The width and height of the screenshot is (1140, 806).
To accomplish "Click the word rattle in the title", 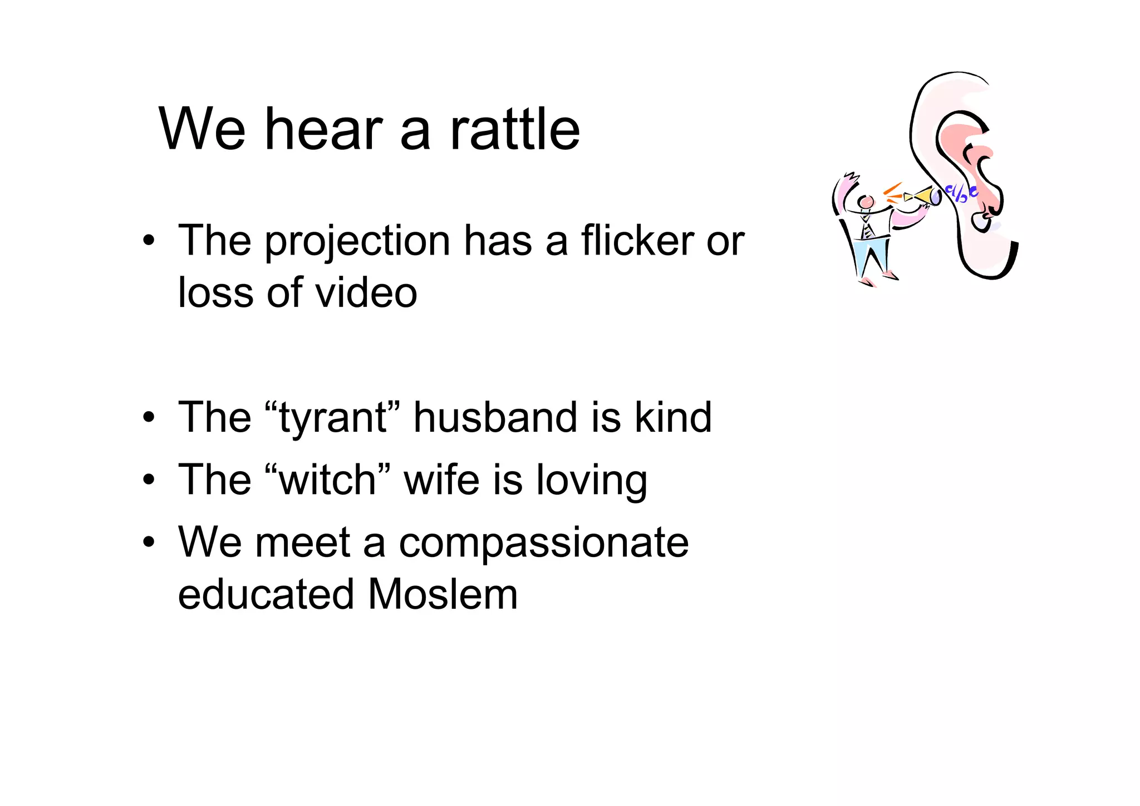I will (515, 129).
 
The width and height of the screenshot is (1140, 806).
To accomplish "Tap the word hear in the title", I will (323, 129).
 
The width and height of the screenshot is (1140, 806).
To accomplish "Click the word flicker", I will (637, 241).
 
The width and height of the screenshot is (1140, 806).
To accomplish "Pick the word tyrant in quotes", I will (333, 418).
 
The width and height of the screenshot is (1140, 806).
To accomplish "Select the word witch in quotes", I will (328, 480).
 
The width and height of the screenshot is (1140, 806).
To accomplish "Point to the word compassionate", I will (543, 543).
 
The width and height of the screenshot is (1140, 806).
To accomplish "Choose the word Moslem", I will (443, 594).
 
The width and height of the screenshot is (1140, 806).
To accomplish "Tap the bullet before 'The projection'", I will (148, 242).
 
